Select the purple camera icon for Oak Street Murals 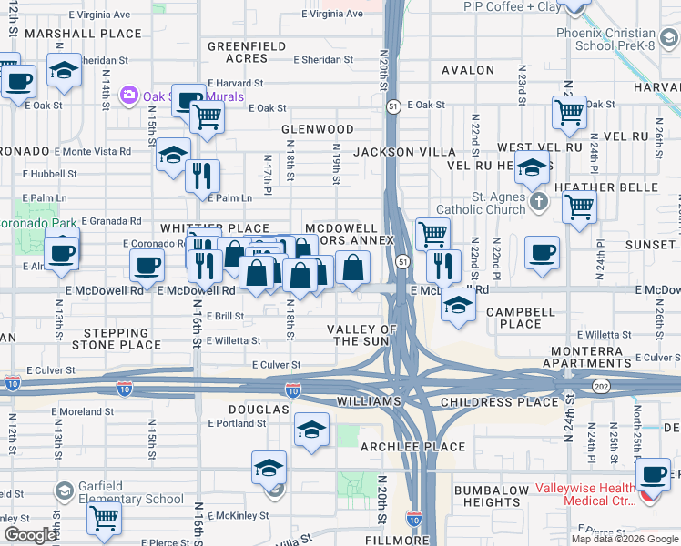point(128,95)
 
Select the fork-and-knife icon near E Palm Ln point(202,173)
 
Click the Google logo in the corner point(30,535)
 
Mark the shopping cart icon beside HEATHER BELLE point(579,206)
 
